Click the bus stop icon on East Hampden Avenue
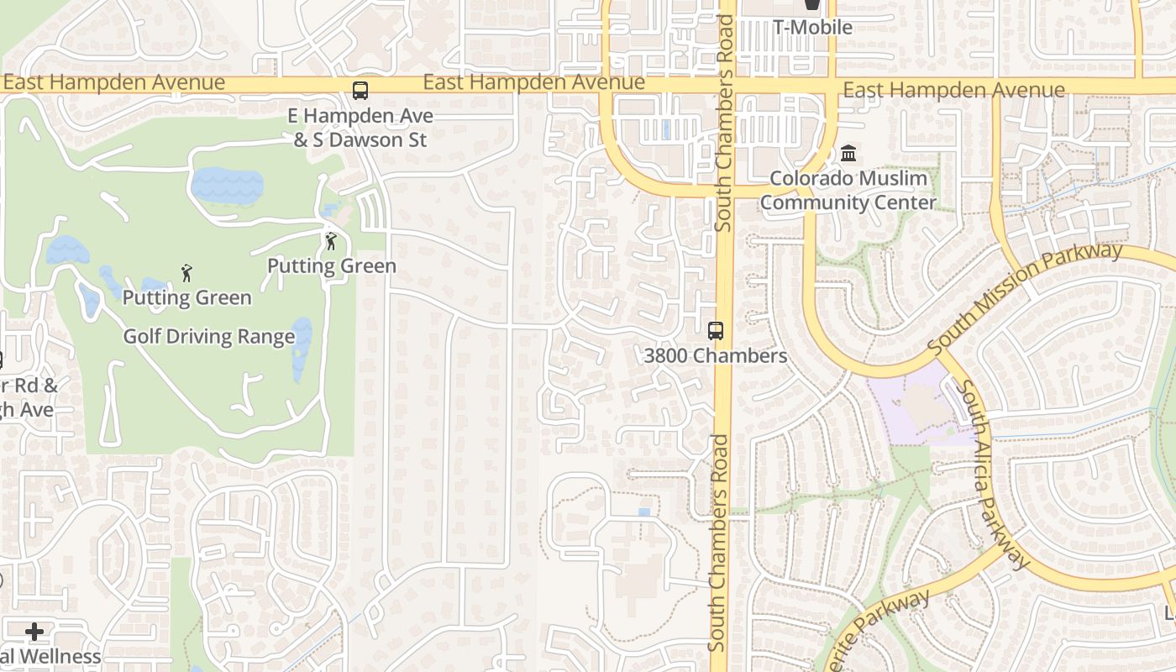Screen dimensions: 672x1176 pos(360,91)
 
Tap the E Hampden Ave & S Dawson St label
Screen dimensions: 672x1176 pos(360,128)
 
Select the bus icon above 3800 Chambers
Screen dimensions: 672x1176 pos(716,331)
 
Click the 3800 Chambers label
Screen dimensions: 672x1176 pos(716,355)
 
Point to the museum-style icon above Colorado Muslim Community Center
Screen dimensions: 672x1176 pos(848,154)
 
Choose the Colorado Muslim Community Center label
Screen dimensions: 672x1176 pos(848,190)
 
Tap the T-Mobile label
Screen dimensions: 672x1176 pos(812,27)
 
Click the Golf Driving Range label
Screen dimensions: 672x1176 pos(209,337)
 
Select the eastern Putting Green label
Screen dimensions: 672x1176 pos(332,266)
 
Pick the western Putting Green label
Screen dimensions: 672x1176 pos(186,297)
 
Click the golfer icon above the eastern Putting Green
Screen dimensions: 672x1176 pos(331,241)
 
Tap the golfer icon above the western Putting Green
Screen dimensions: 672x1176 pos(186,273)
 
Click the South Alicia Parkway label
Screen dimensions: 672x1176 pos(993,475)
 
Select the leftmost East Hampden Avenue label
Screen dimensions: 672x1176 pos(113,82)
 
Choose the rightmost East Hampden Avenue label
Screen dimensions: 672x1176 pos(953,90)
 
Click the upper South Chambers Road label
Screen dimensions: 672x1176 pos(724,122)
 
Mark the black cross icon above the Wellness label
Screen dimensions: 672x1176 pos(34,631)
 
